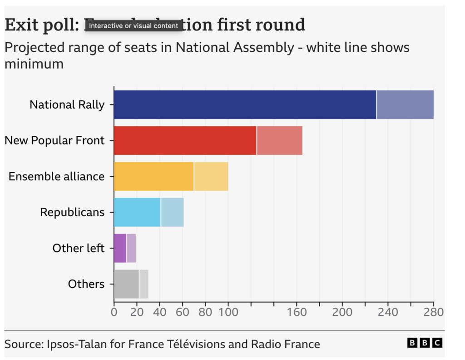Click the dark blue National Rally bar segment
245,105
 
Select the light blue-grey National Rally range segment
405,105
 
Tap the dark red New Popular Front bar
185,140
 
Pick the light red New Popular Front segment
279,140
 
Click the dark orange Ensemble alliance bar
153,176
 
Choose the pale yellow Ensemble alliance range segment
211,176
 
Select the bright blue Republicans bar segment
137,212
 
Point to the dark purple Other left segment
120,248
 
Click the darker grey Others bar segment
126,284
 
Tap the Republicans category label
72,212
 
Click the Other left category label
78,248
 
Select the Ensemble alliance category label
56,176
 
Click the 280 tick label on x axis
433,313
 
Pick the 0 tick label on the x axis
114,313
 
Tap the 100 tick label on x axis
228,313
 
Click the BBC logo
424,343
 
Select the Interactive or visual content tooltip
134,26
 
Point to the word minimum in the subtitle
34,64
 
